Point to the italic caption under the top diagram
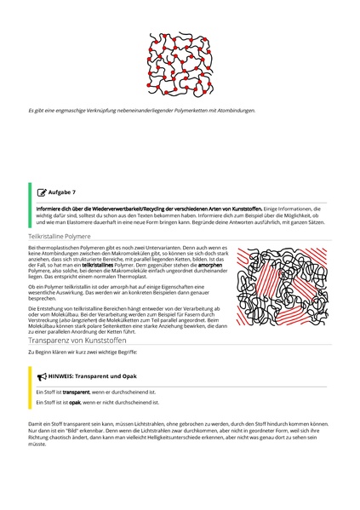pos(141,110)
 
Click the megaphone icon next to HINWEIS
pos(42,375)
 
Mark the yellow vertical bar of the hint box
pos(30,388)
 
